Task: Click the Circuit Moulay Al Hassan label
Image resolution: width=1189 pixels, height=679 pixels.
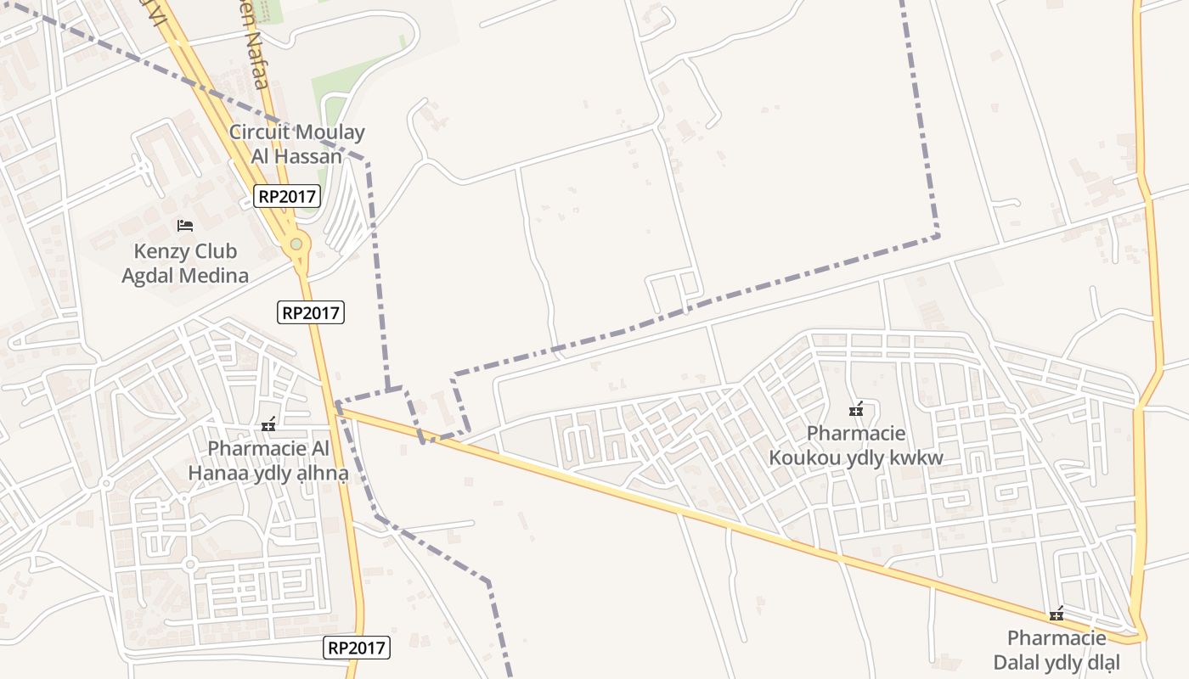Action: (x=296, y=144)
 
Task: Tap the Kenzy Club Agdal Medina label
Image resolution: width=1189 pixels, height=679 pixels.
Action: (x=185, y=263)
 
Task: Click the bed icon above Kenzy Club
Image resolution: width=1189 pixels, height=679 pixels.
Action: (x=185, y=226)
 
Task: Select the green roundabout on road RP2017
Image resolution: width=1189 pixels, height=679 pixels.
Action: (x=296, y=244)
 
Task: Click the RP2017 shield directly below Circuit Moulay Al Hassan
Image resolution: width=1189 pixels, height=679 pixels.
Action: (x=287, y=197)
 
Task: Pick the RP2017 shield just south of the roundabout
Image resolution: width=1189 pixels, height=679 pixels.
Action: (x=311, y=312)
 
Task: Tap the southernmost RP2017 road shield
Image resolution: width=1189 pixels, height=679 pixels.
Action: (x=357, y=648)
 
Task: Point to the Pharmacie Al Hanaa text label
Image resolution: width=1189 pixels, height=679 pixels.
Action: (x=268, y=461)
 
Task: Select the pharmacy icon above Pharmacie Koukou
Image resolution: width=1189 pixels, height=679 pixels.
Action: (x=856, y=410)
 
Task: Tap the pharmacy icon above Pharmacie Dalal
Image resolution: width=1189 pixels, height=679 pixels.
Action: (x=1057, y=614)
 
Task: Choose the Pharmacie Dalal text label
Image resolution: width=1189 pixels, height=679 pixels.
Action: (x=1057, y=650)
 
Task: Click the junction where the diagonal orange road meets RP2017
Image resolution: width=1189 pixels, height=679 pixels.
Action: (x=337, y=408)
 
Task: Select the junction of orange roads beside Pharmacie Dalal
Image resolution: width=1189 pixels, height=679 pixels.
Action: (x=1136, y=635)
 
